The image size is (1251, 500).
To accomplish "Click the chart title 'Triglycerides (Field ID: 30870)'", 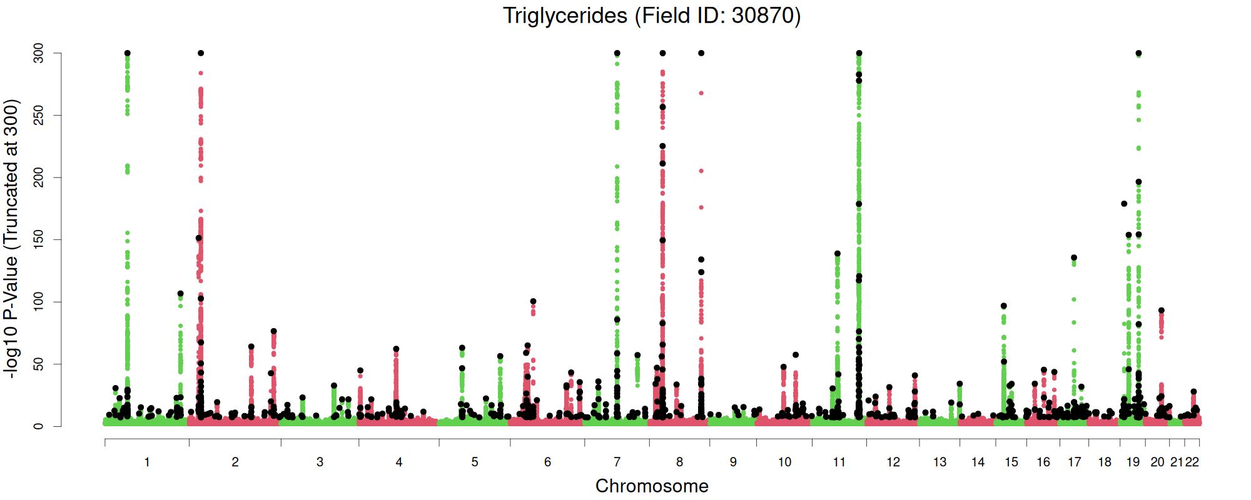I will click(651, 16).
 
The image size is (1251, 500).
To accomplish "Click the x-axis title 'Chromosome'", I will click(652, 486).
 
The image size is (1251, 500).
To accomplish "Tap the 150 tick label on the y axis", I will click(39, 240).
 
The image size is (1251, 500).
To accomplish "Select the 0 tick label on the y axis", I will click(39, 426).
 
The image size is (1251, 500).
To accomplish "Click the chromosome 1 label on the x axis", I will click(147, 462).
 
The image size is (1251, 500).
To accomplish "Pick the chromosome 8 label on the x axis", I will click(679, 462).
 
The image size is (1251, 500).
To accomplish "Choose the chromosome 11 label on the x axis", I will click(839, 462).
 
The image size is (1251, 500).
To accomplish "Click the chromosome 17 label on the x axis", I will click(1074, 462).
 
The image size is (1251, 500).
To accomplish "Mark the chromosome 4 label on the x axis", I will click(399, 462).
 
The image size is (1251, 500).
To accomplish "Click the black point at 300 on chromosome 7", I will click(617, 53).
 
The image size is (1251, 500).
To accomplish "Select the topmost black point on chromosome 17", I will click(1074, 257).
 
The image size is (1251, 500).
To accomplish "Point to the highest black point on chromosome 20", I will click(1161, 311).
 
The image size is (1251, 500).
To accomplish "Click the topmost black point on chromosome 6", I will click(533, 301).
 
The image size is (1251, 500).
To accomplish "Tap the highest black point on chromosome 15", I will click(1004, 306).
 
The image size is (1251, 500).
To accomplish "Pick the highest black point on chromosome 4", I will click(396, 349).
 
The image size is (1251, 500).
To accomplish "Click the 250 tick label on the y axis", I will click(39, 116).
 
